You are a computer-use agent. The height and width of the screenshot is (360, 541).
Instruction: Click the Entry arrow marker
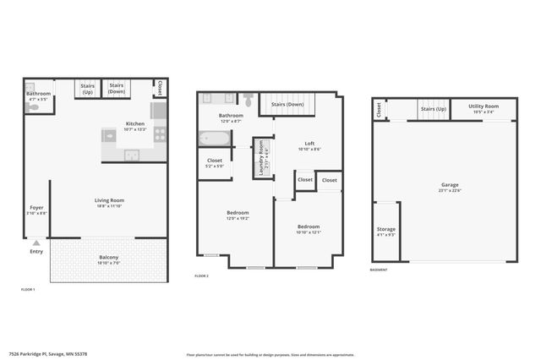[36, 243]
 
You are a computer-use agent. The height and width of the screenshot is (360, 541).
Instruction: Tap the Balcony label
[108, 257]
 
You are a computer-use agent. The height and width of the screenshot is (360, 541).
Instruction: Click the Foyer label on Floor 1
[36, 207]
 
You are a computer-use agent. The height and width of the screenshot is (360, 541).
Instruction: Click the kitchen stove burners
[160, 134]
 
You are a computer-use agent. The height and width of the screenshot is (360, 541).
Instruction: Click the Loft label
[309, 144]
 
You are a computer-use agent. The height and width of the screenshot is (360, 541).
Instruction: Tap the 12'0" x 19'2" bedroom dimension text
[237, 218]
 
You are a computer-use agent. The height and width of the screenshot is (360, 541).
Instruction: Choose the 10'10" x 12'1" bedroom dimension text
[309, 232]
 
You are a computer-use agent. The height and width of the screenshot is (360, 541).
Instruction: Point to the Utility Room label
[484, 106]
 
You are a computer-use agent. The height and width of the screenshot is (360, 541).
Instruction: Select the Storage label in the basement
[385, 229]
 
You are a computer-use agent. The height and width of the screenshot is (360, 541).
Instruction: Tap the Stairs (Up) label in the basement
[433, 109]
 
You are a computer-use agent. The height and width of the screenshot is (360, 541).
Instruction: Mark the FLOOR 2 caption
[201, 276]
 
